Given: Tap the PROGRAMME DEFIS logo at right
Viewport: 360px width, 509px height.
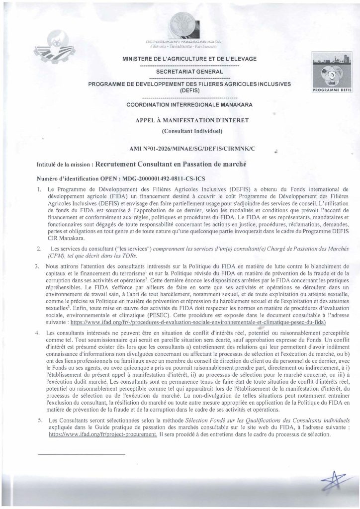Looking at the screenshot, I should point(329,75).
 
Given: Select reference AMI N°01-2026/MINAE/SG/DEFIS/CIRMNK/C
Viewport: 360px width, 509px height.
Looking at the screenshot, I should point(193,148).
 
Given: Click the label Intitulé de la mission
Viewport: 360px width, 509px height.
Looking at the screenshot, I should point(62,164).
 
